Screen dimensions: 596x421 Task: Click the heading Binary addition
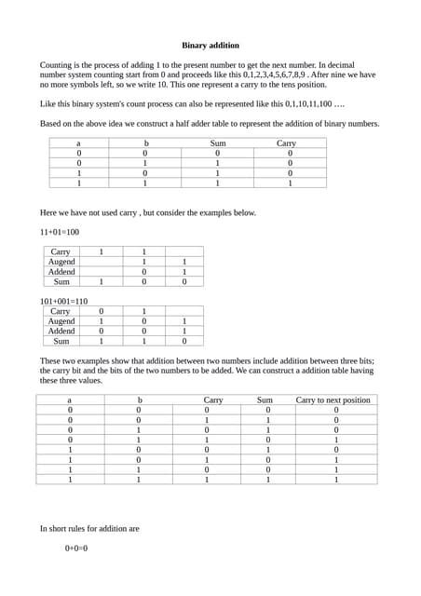tap(210, 45)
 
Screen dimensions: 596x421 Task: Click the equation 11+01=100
tap(60, 232)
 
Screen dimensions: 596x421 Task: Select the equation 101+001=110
tap(63, 302)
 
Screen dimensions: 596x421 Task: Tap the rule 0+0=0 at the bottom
tap(76, 549)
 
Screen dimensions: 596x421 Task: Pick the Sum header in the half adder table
tap(216, 143)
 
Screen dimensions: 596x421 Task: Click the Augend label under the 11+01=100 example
tap(61, 262)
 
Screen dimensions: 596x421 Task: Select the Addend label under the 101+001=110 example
tap(61, 331)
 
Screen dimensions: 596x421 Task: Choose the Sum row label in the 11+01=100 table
tap(61, 281)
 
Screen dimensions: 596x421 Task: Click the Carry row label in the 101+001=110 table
tap(61, 311)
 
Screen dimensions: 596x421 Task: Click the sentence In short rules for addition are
tap(89, 528)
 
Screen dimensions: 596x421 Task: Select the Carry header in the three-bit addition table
tap(212, 400)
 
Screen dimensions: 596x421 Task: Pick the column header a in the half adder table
tap(77, 143)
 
